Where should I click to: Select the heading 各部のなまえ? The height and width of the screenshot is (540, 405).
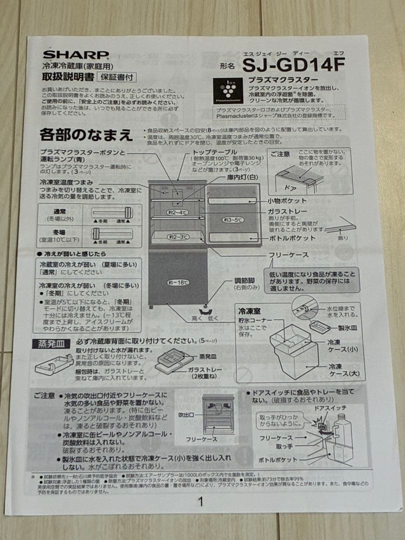click(86, 135)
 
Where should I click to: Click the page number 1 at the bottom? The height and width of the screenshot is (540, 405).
click(201, 501)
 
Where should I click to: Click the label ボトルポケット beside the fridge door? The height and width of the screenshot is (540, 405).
click(291, 238)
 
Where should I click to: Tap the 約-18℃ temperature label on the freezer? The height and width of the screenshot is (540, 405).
click(178, 282)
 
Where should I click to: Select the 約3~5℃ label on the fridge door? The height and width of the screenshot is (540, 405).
click(233, 219)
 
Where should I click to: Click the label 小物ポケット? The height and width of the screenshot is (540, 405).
click(286, 200)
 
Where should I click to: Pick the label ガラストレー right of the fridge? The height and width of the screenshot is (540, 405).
click(287, 211)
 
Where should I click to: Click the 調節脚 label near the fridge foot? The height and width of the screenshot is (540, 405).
click(245, 280)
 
